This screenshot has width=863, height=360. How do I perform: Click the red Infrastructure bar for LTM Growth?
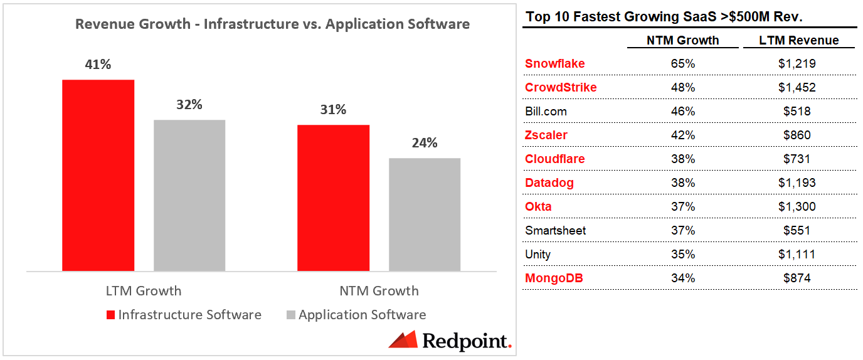coord(98,176)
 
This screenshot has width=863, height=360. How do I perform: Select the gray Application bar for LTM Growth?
coord(189,195)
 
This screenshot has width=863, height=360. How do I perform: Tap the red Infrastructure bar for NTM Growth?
coord(333,198)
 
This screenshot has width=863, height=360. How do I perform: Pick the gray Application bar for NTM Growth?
coord(425,214)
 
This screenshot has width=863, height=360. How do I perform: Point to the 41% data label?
coord(98,64)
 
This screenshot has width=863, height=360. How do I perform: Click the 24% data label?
coord(425,143)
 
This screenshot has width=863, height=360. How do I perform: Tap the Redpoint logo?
coord(450,341)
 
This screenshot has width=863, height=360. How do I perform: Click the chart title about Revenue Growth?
coord(272,24)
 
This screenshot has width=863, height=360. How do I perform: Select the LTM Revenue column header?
coord(798,40)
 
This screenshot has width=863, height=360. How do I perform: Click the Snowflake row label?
coord(554,64)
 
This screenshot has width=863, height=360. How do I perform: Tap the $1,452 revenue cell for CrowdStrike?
coord(797,88)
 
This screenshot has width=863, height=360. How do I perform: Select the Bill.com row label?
coord(546,112)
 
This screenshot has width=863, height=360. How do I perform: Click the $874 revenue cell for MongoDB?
coord(797,278)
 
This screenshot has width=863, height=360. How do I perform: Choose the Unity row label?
coord(537,255)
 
